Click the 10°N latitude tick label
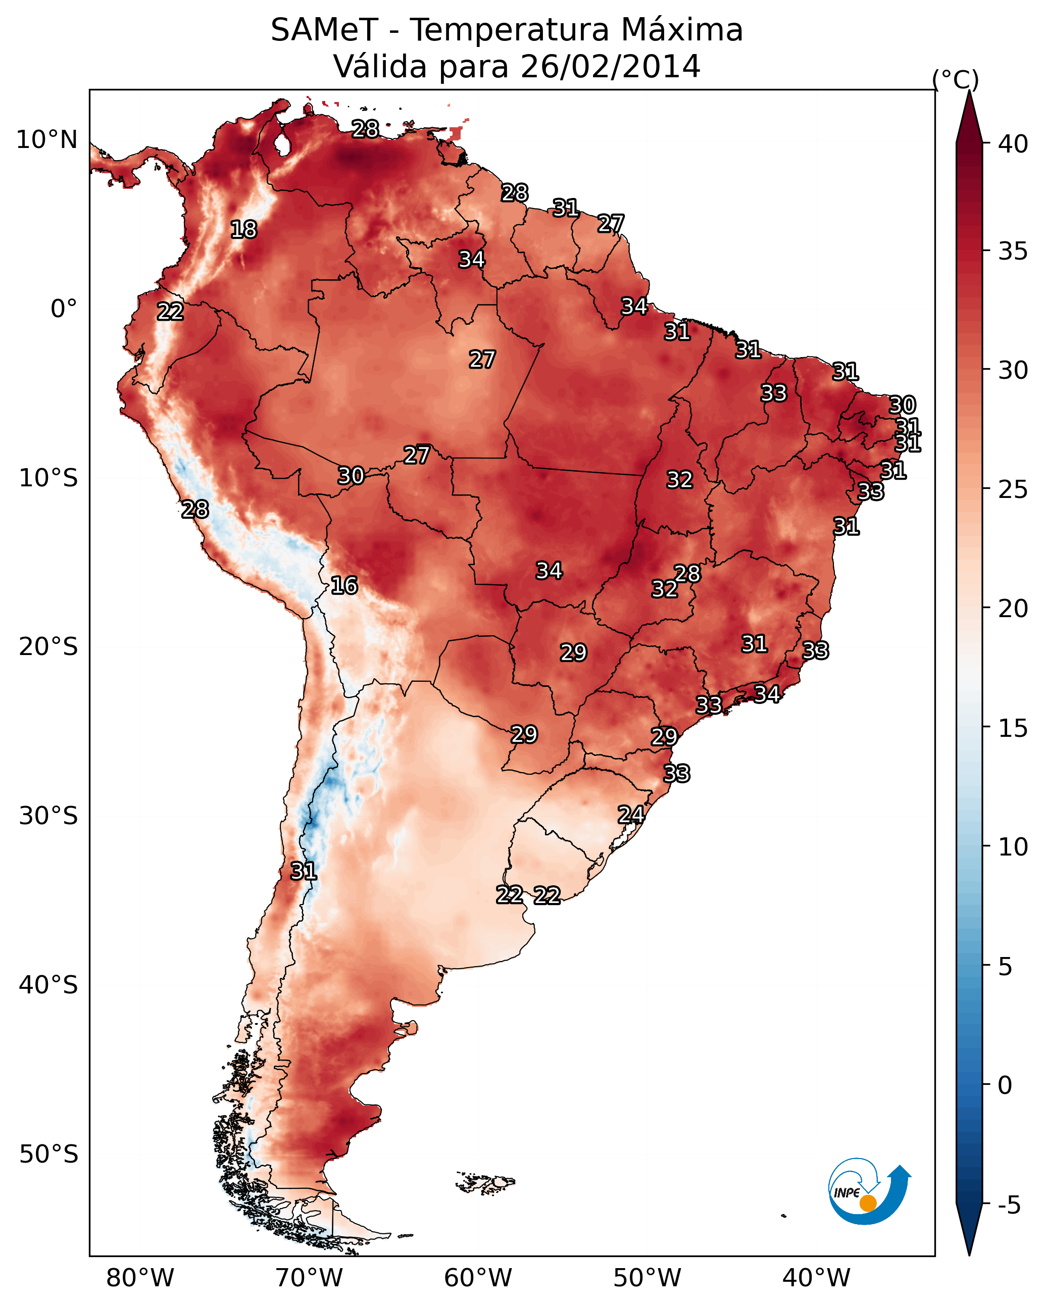click(46, 140)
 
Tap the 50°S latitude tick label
click(48, 1154)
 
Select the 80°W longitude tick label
click(140, 1278)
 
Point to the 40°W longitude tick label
click(816, 1278)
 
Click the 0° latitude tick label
click(64, 309)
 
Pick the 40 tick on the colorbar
click(1013, 144)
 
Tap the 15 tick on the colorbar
click(1013, 728)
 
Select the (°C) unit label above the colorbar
click(956, 79)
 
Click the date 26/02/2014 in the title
click(610, 66)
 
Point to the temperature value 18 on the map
click(243, 230)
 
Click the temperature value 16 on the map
click(344, 585)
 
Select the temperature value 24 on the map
click(631, 814)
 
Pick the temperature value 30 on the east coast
click(902, 405)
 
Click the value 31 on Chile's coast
click(304, 871)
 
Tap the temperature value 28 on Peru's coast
click(195, 510)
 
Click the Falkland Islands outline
click(485, 1182)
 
